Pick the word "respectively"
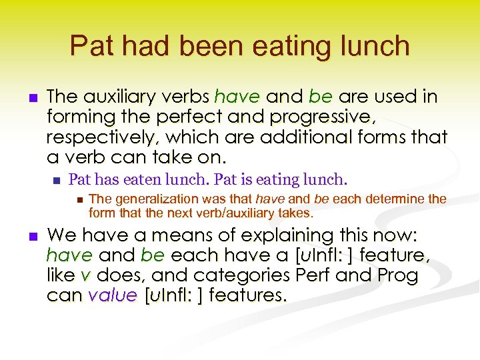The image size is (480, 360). coord(97,137)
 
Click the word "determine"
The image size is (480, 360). coord(395,199)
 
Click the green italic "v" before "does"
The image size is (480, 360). coord(85,275)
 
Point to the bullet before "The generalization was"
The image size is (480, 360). coord(79,199)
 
